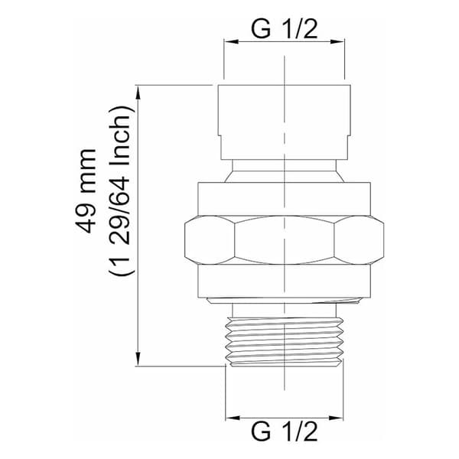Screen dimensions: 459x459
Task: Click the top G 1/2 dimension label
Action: coord(285,29)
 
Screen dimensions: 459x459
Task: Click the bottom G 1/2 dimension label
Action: coord(285,431)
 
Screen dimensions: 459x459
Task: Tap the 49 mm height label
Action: coord(86,191)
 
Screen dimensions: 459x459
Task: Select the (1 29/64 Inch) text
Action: coord(120,190)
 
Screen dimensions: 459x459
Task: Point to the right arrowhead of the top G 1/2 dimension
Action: coord(337,42)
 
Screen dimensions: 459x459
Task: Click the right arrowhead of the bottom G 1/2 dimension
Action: coord(336,418)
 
